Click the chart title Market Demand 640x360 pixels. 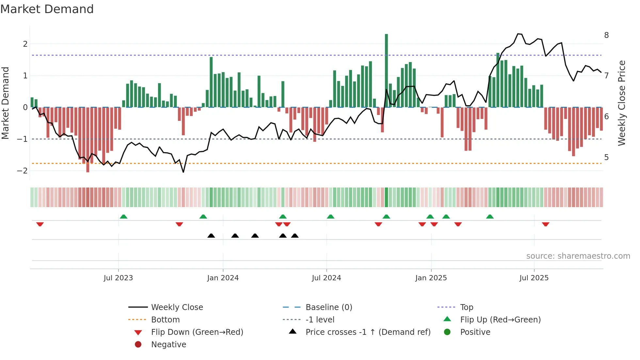(47, 9)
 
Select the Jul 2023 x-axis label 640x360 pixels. (118, 278)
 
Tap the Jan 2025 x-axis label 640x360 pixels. (431, 278)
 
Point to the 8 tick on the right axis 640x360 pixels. (606, 35)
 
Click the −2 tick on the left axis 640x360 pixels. (22, 171)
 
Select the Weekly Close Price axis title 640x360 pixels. (622, 103)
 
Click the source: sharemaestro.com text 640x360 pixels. (578, 256)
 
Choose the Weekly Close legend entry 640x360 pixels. (177, 307)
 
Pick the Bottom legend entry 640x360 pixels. (165, 319)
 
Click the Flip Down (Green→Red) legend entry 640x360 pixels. (197, 332)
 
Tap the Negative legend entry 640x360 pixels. (168, 344)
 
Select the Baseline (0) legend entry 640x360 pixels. (329, 307)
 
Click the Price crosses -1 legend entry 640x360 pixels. (368, 332)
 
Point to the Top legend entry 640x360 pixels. (467, 307)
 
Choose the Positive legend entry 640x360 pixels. (475, 332)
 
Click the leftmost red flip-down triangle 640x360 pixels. (40, 224)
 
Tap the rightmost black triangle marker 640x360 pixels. (295, 236)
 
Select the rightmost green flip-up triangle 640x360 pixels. (490, 217)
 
